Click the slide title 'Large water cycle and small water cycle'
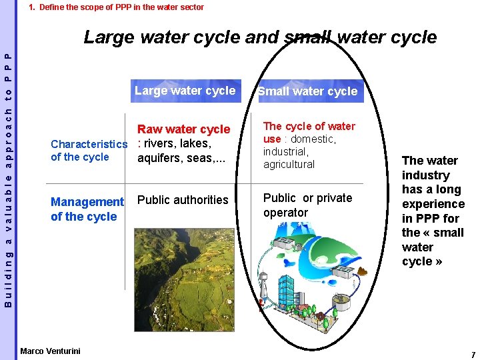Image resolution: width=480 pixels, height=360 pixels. pyautogui.click(x=260, y=37)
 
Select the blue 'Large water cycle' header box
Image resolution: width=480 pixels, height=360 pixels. pyautogui.click(x=185, y=91)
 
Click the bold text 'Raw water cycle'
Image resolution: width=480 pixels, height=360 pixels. pyautogui.click(x=183, y=129)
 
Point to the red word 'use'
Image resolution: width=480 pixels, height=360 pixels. pyautogui.click(x=272, y=139)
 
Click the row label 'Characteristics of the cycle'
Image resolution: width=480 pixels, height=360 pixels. pyautogui.click(x=88, y=151)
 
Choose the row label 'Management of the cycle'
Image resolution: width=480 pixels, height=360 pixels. pyautogui.click(x=87, y=209)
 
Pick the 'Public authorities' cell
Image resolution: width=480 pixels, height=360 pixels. pyautogui.click(x=183, y=200)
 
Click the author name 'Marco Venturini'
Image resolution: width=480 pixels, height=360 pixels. pyautogui.click(x=50, y=351)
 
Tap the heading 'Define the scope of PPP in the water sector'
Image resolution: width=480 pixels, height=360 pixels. pyautogui.click(x=121, y=7)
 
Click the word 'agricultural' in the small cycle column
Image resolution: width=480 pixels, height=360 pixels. pyautogui.click(x=289, y=164)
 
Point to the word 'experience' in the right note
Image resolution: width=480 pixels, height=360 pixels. pyautogui.click(x=433, y=204)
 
